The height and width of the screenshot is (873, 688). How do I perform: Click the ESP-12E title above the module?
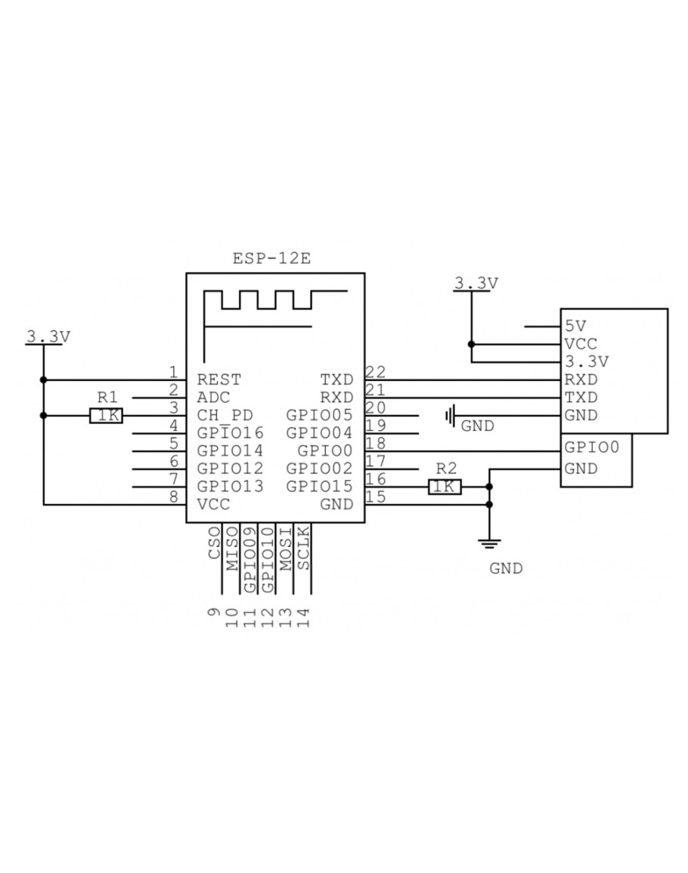click(272, 258)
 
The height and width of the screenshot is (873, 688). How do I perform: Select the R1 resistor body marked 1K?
click(106, 415)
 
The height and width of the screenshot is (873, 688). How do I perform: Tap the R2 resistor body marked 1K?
click(445, 487)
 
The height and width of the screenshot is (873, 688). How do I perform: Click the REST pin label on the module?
click(218, 379)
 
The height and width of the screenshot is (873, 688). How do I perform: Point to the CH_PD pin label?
click(225, 415)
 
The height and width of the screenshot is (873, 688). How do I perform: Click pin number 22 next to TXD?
click(376, 371)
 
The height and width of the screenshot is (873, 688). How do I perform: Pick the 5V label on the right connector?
click(575, 327)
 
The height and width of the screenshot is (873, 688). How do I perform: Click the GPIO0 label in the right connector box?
click(592, 447)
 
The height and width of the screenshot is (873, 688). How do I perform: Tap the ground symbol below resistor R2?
click(490, 540)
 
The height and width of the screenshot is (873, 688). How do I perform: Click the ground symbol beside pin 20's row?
click(451, 415)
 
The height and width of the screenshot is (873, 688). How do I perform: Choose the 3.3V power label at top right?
click(476, 283)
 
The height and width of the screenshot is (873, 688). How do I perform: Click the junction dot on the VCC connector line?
click(472, 344)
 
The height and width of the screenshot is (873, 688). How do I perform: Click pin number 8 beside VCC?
click(174, 497)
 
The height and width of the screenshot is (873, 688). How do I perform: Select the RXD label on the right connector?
click(581, 379)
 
